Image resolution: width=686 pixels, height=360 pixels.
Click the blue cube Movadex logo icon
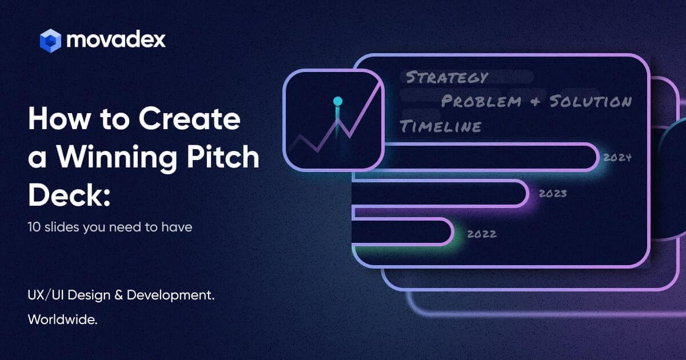tap(50, 40)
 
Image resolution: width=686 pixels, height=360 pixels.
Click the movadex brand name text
tap(116, 39)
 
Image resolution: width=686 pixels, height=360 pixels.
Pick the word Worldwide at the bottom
tap(62, 319)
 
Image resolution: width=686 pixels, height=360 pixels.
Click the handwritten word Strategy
tap(446, 77)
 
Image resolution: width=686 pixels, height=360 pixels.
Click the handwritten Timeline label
tap(440, 126)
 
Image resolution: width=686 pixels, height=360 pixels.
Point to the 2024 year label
tap(617, 158)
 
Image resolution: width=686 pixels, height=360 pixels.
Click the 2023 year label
tap(553, 193)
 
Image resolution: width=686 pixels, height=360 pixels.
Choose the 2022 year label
tap(482, 234)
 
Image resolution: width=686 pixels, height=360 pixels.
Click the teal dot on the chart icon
tap(338, 101)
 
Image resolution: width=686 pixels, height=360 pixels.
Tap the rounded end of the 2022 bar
tap(448, 231)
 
